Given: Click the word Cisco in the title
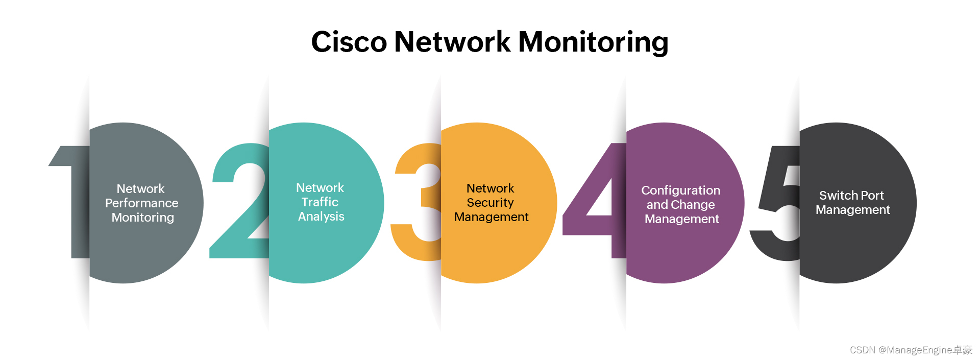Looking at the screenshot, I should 349,42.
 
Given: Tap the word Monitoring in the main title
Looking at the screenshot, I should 593,42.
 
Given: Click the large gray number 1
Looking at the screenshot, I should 77,204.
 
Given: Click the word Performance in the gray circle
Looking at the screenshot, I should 141,203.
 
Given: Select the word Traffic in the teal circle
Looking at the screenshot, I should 320,202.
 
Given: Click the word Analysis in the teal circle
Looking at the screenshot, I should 321,217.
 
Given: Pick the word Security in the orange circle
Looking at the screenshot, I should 490,203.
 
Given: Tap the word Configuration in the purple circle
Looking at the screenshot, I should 680,190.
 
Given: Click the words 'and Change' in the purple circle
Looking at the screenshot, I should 680,205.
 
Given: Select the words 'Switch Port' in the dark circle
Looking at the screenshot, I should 851,196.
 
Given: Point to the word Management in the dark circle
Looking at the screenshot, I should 852,210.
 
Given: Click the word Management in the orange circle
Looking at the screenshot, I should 491,217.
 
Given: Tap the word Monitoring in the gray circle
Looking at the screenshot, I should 142,218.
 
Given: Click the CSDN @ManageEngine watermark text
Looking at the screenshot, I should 911,350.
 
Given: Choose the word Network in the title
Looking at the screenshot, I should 452,42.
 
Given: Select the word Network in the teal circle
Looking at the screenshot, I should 320,188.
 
